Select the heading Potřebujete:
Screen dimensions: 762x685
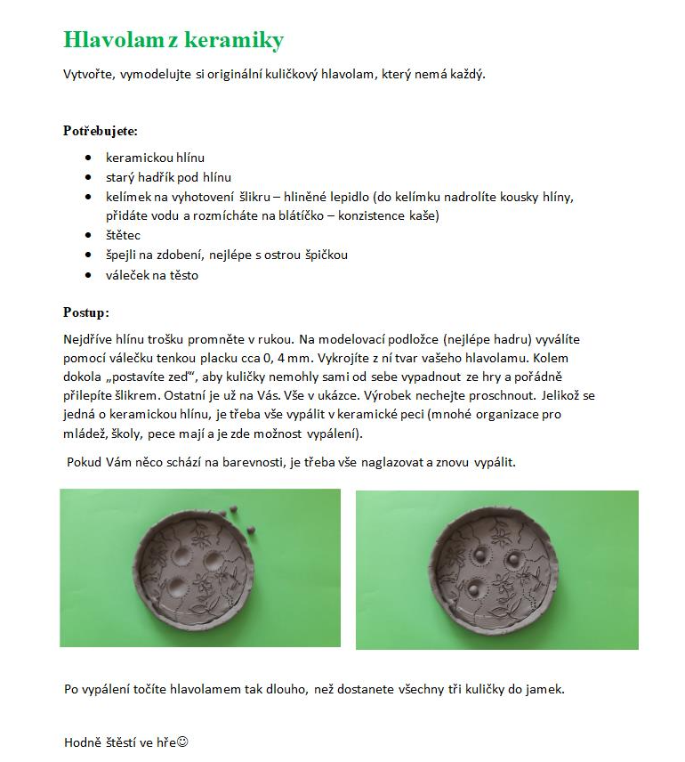101,132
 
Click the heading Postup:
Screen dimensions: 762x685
86,312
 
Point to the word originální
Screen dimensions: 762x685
227,75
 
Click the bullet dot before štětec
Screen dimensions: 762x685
87,235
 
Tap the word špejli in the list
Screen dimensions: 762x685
122,255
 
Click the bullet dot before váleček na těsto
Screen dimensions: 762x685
87,275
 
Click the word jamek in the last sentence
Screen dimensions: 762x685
545,689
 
